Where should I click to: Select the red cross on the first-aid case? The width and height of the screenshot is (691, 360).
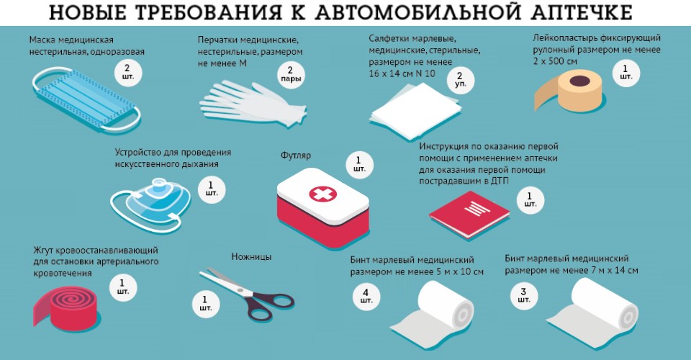coord(322,194)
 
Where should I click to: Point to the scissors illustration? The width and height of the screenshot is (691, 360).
coord(247,292)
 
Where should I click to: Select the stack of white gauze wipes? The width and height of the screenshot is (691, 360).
coord(415,110)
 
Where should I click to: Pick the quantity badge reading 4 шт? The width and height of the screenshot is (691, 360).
coord(366,296)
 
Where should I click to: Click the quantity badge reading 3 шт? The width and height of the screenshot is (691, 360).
coord(523,294)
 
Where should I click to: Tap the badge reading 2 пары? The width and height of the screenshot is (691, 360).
coord(290,74)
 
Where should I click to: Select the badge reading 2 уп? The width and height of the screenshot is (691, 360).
coord(460,80)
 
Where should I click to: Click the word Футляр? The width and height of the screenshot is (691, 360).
coord(296,155)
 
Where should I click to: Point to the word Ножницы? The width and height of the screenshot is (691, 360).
coord(251,257)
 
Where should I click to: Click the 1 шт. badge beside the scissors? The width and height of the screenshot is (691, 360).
coord(205,304)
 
